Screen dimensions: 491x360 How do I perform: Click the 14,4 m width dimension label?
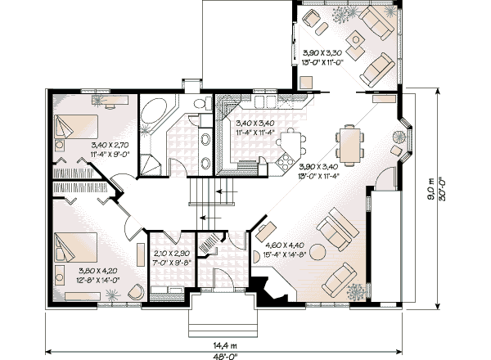(225, 345)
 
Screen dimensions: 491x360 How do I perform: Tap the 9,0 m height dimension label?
(431, 189)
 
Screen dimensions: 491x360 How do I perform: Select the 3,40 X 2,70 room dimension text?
(110, 146)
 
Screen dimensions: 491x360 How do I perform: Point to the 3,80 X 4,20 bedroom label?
(99, 271)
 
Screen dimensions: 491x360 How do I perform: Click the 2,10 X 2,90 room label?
(171, 254)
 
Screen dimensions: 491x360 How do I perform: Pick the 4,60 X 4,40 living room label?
(284, 245)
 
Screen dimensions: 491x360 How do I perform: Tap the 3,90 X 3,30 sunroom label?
(322, 52)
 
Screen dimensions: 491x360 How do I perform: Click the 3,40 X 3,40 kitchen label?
(255, 123)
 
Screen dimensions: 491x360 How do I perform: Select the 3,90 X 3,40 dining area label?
(318, 166)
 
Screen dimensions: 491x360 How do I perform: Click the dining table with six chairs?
(349, 145)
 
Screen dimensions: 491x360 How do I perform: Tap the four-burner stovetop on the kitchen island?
(284, 162)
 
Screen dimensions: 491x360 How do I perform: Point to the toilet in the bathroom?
(202, 103)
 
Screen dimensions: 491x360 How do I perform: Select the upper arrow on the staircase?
(225, 191)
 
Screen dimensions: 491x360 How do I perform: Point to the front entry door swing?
(223, 279)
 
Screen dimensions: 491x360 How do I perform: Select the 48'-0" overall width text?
(225, 356)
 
